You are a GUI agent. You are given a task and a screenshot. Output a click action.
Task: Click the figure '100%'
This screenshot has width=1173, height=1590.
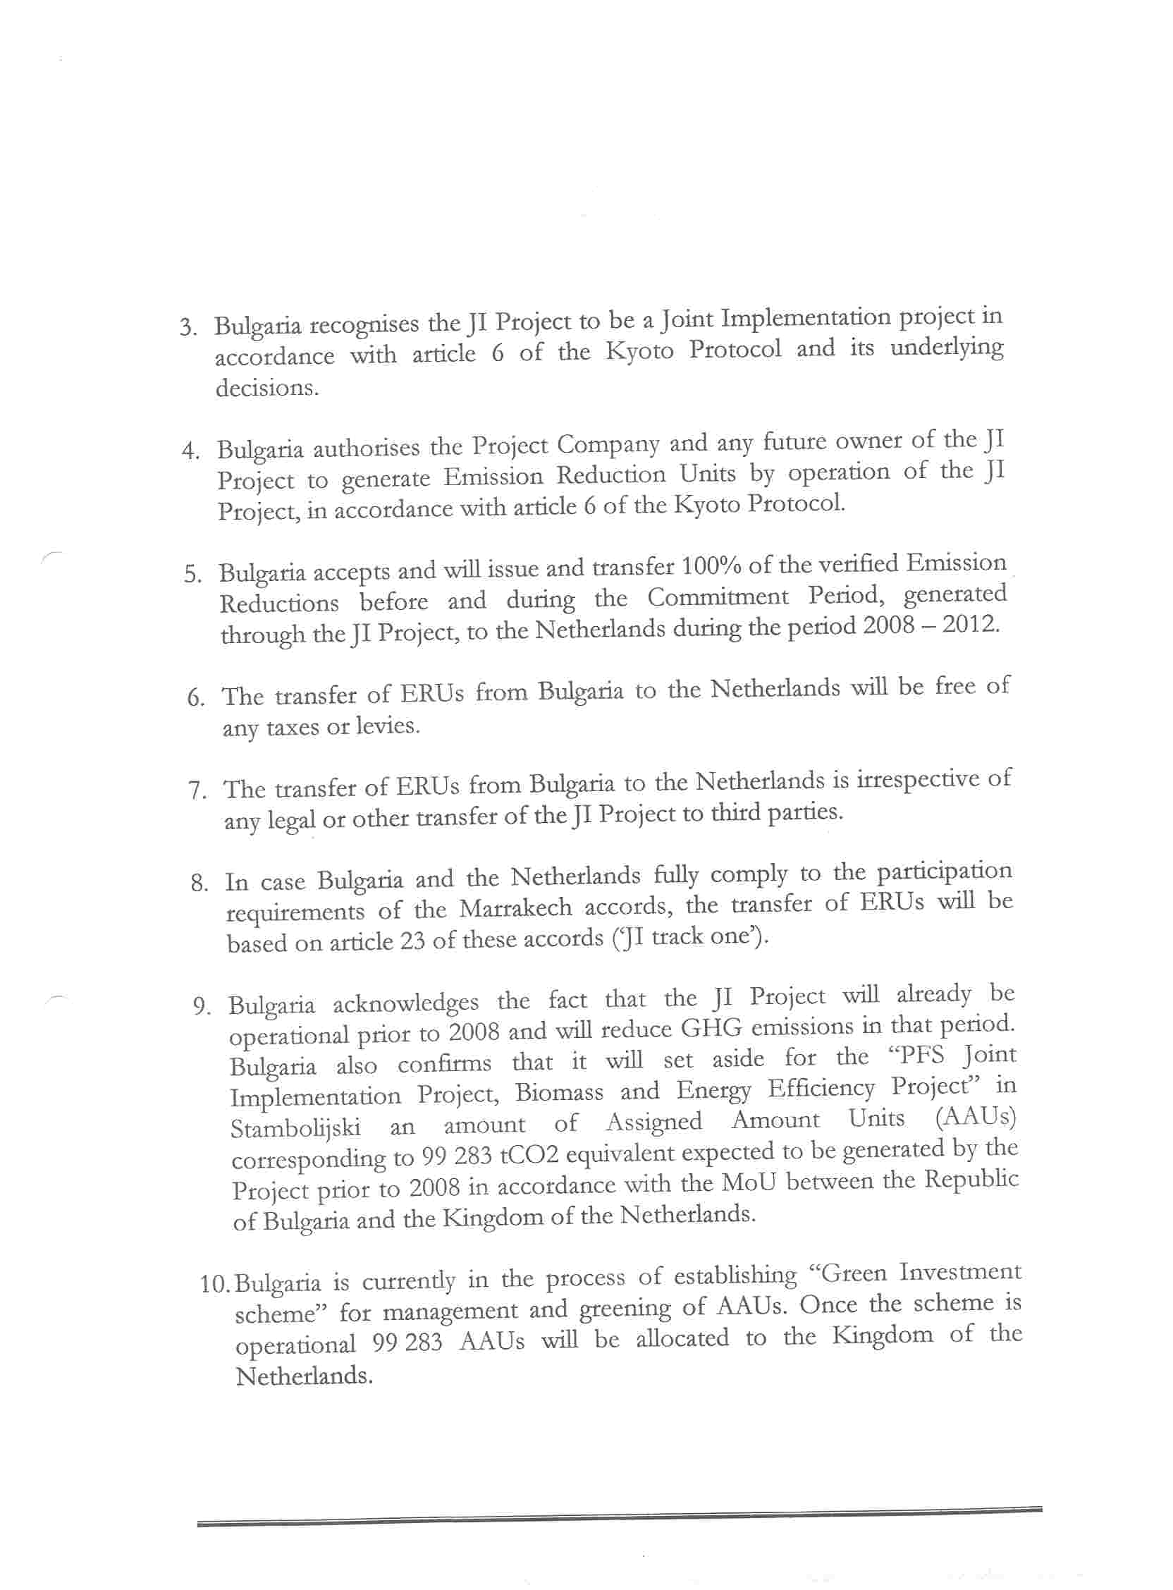(x=712, y=567)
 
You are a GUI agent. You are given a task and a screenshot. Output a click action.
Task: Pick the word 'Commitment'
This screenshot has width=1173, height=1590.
(x=718, y=598)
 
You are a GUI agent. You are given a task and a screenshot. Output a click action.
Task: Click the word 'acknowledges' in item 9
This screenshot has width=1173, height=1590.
(x=405, y=1003)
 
